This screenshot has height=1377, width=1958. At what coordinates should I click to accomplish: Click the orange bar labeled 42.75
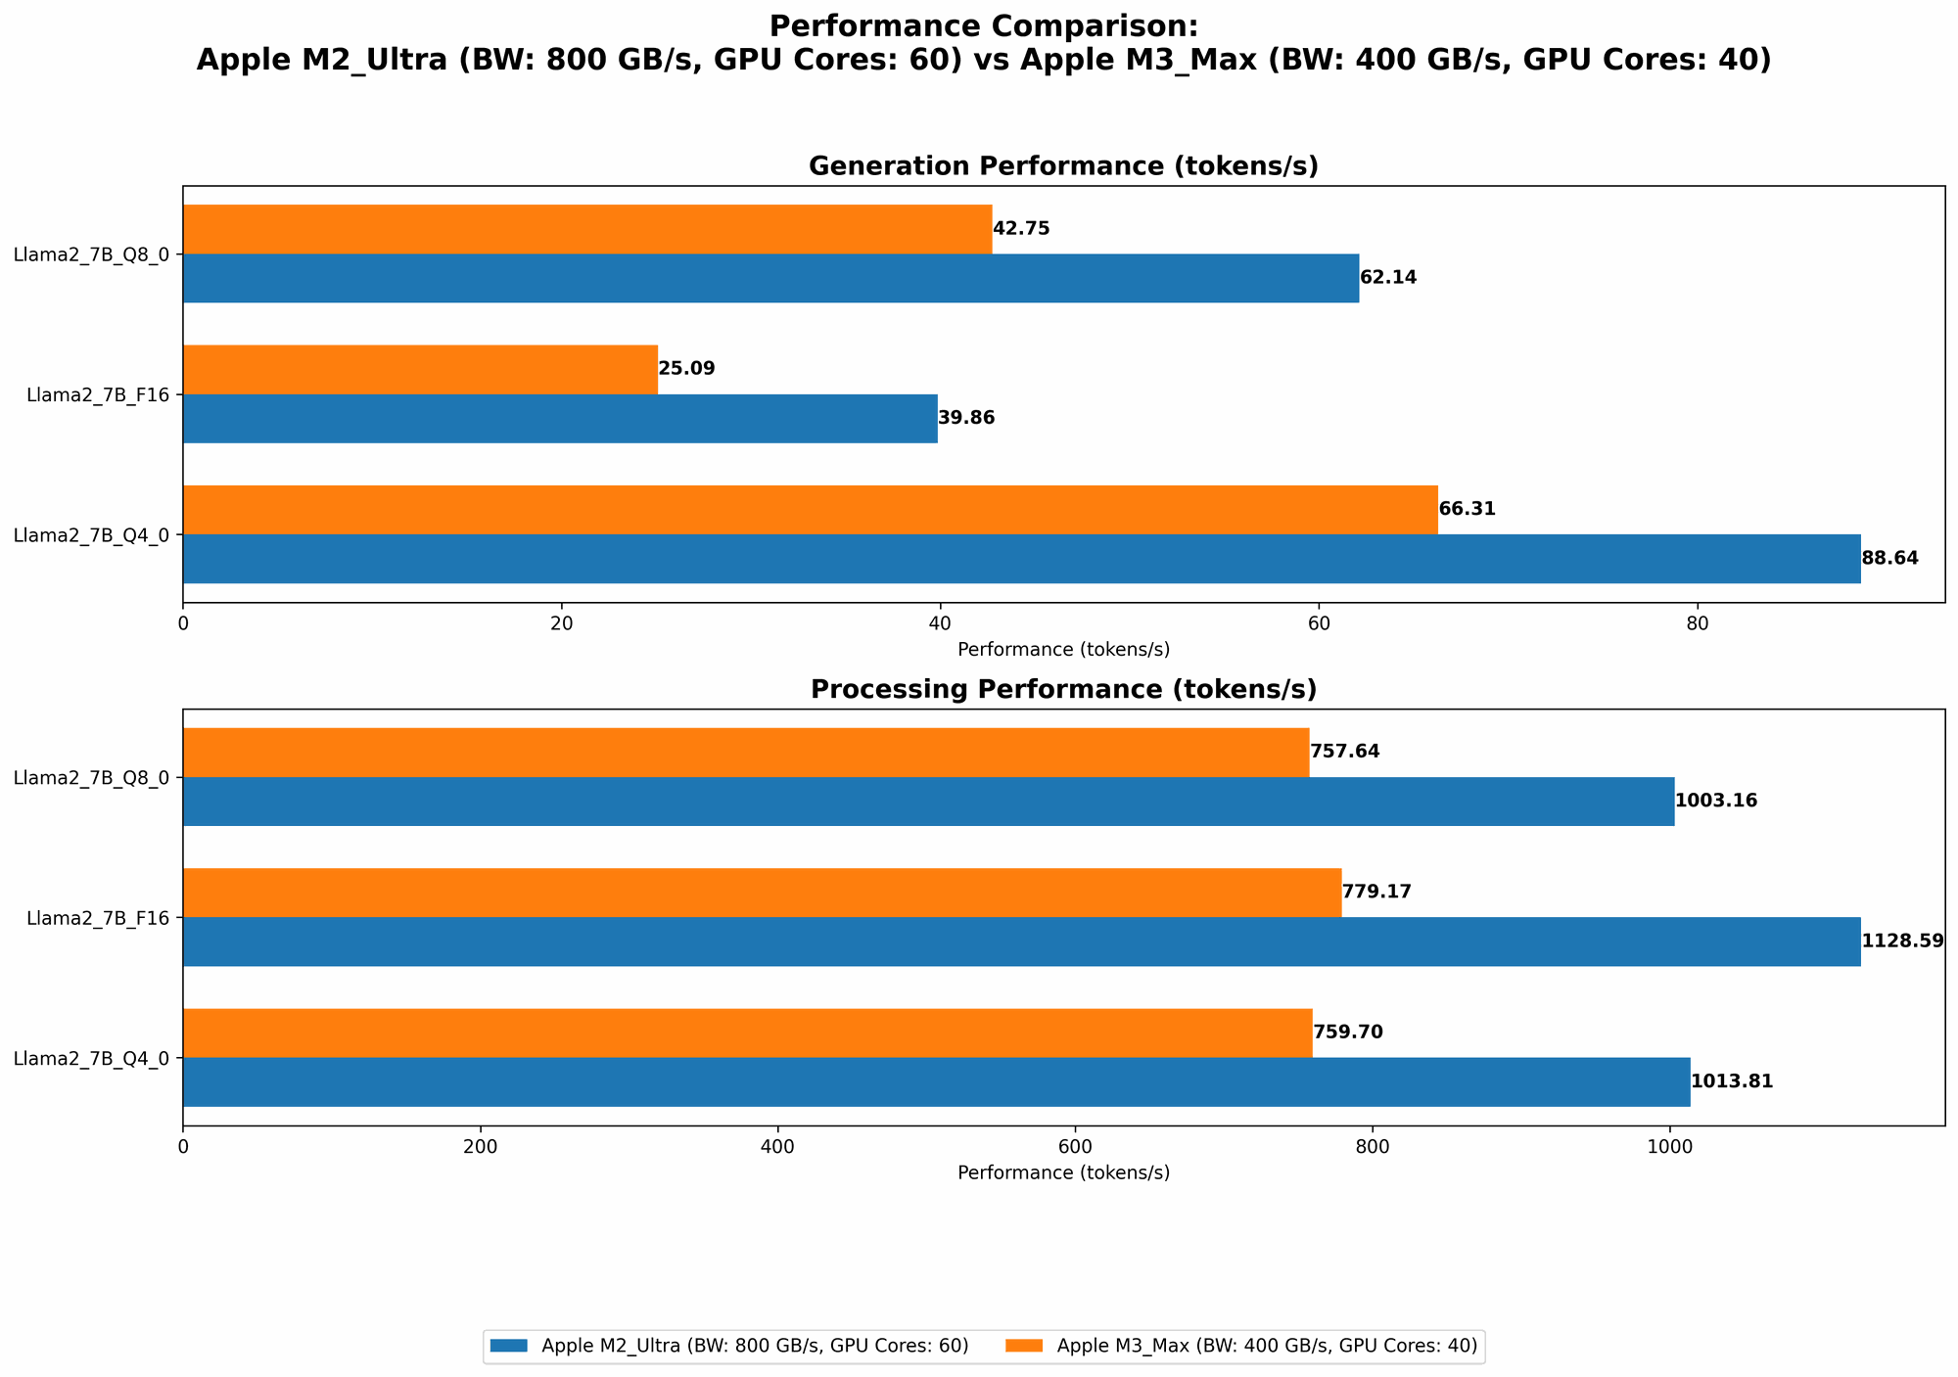tap(587, 229)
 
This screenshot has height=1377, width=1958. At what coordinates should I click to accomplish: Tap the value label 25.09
tap(686, 369)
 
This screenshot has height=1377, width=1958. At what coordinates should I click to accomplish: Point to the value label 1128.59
tap(1902, 941)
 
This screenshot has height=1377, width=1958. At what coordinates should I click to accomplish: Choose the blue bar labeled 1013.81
tap(936, 1082)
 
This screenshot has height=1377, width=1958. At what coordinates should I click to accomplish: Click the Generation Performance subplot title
tap(1063, 166)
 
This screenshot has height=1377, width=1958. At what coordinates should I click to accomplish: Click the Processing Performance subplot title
tap(1063, 690)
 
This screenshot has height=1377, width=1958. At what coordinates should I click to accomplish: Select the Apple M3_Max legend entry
tap(1266, 1347)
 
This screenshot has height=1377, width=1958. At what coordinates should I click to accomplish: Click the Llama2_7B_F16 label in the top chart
tap(98, 395)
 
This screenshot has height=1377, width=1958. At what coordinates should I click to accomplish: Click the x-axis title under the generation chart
tap(1063, 649)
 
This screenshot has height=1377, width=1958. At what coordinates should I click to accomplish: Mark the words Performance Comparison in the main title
tap(983, 26)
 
